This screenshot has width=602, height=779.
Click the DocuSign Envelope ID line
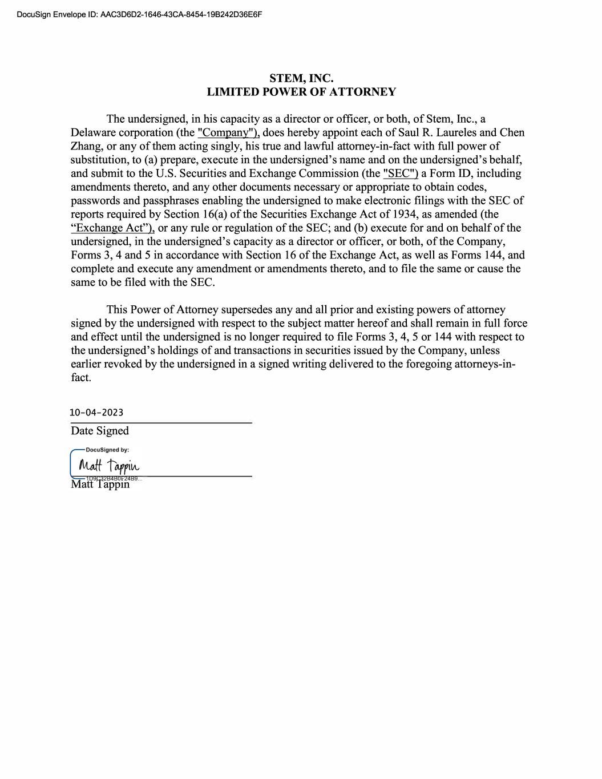point(139,14)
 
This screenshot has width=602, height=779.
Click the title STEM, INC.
point(301,78)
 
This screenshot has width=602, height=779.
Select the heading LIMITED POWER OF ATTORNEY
point(301,92)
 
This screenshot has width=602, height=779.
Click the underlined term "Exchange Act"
point(112,228)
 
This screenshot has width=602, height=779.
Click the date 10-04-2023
point(96,413)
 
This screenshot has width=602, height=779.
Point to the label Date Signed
point(100,431)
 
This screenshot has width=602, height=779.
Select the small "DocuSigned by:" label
point(107,450)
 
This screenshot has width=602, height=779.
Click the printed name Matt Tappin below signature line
point(100,485)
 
